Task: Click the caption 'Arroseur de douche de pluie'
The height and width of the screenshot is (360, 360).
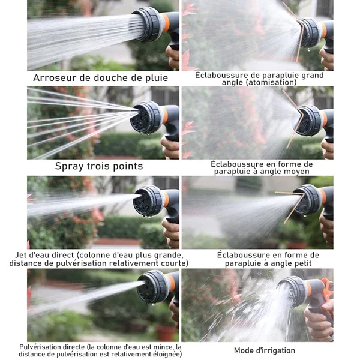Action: [101, 78]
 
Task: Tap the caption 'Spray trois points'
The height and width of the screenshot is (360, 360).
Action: [99, 166]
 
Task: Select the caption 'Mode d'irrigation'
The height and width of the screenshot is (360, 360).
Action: [265, 350]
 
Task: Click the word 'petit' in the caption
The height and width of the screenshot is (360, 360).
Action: [302, 263]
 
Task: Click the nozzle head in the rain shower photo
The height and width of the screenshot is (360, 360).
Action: [148, 25]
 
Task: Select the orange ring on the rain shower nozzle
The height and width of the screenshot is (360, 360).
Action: [166, 23]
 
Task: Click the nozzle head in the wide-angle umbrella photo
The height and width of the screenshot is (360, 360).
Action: [311, 32]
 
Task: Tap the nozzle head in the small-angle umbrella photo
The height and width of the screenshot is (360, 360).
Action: [307, 200]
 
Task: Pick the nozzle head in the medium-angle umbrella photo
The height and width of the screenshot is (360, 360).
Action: [309, 121]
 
